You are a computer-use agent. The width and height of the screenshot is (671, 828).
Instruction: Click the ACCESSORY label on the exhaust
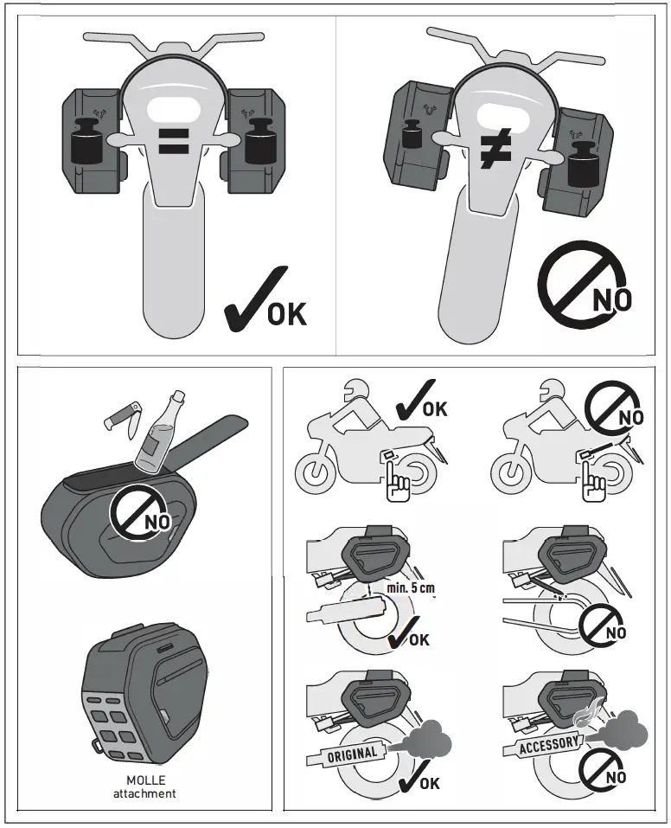(548, 744)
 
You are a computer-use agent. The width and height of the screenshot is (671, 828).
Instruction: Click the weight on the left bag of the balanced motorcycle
(86, 143)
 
